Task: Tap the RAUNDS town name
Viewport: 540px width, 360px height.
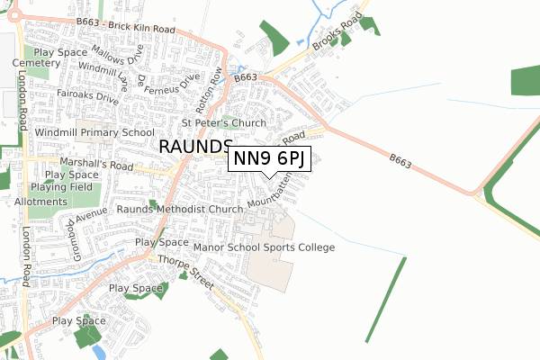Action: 196,148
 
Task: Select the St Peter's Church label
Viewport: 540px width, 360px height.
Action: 224,123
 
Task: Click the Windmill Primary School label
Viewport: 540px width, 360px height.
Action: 94,132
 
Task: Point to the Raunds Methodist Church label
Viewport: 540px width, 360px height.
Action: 178,209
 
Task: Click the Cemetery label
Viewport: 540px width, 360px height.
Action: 35,64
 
